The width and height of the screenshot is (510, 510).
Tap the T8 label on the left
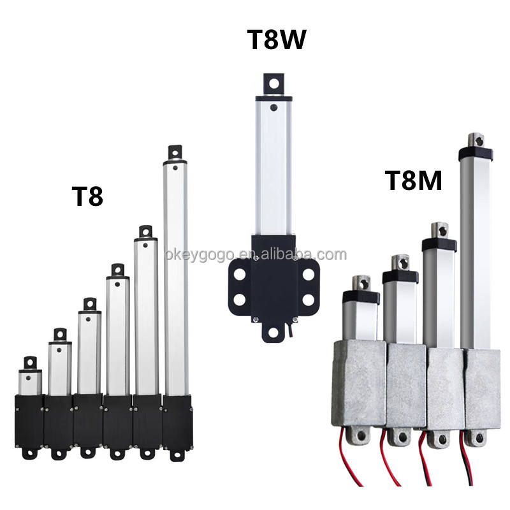87,196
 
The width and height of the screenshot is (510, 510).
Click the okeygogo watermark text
255,255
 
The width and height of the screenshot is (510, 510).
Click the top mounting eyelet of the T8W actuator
273,83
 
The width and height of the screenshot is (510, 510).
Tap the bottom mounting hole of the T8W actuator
273,332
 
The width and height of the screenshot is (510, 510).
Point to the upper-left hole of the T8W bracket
240,274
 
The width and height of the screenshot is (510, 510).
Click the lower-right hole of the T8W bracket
309,299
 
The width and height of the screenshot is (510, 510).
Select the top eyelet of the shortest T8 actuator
31,363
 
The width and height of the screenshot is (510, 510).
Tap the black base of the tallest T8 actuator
177,421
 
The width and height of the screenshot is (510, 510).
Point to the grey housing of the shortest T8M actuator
359,382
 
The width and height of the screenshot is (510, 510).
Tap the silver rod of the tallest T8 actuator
176,280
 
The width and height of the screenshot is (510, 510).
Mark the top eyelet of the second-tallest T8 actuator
146,231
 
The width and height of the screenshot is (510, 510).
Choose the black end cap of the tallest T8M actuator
476,154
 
